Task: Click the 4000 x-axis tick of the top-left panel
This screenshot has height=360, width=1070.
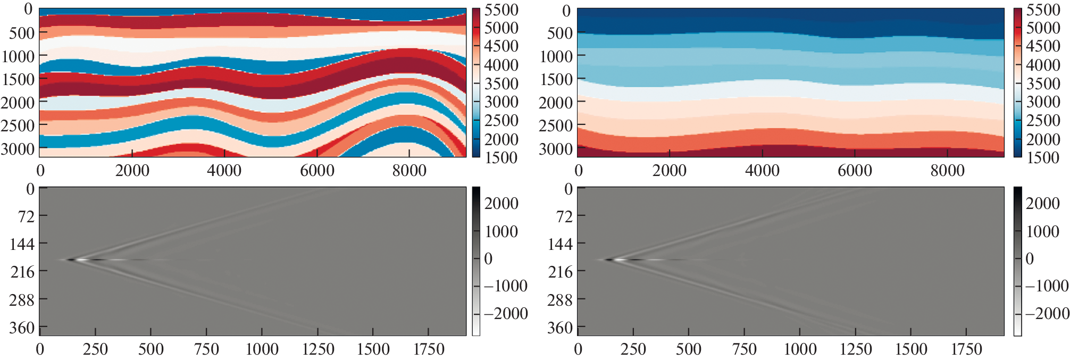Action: (x=224, y=171)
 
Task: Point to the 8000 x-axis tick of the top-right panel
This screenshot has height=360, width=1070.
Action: (x=947, y=171)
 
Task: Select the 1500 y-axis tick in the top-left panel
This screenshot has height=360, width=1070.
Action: (x=18, y=79)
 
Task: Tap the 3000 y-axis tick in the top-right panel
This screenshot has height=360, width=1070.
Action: (x=556, y=149)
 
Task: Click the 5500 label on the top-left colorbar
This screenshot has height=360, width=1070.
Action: (x=501, y=10)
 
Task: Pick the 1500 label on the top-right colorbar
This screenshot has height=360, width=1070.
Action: (x=1042, y=157)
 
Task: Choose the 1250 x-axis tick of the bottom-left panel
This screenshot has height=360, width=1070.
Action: (x=318, y=349)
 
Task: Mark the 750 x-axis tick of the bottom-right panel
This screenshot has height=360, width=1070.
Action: (x=744, y=349)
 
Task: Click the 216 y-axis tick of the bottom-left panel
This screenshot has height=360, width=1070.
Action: (x=22, y=272)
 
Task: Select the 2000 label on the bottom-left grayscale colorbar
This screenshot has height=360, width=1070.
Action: (x=501, y=203)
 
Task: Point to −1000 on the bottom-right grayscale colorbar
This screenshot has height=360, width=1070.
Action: (x=1047, y=286)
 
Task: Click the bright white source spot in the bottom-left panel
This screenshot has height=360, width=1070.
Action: (x=81, y=260)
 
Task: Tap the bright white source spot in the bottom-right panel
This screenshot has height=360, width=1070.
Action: (x=620, y=260)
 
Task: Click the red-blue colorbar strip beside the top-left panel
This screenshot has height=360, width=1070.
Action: (x=476, y=82)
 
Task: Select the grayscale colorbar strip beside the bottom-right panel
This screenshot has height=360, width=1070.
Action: (x=1017, y=261)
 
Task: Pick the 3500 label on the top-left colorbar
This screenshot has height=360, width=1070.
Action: (x=501, y=83)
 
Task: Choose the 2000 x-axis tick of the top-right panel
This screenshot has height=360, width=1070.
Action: (x=669, y=171)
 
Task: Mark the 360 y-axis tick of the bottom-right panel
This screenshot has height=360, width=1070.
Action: (x=560, y=328)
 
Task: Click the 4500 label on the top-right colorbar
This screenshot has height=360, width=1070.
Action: (x=1042, y=46)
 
